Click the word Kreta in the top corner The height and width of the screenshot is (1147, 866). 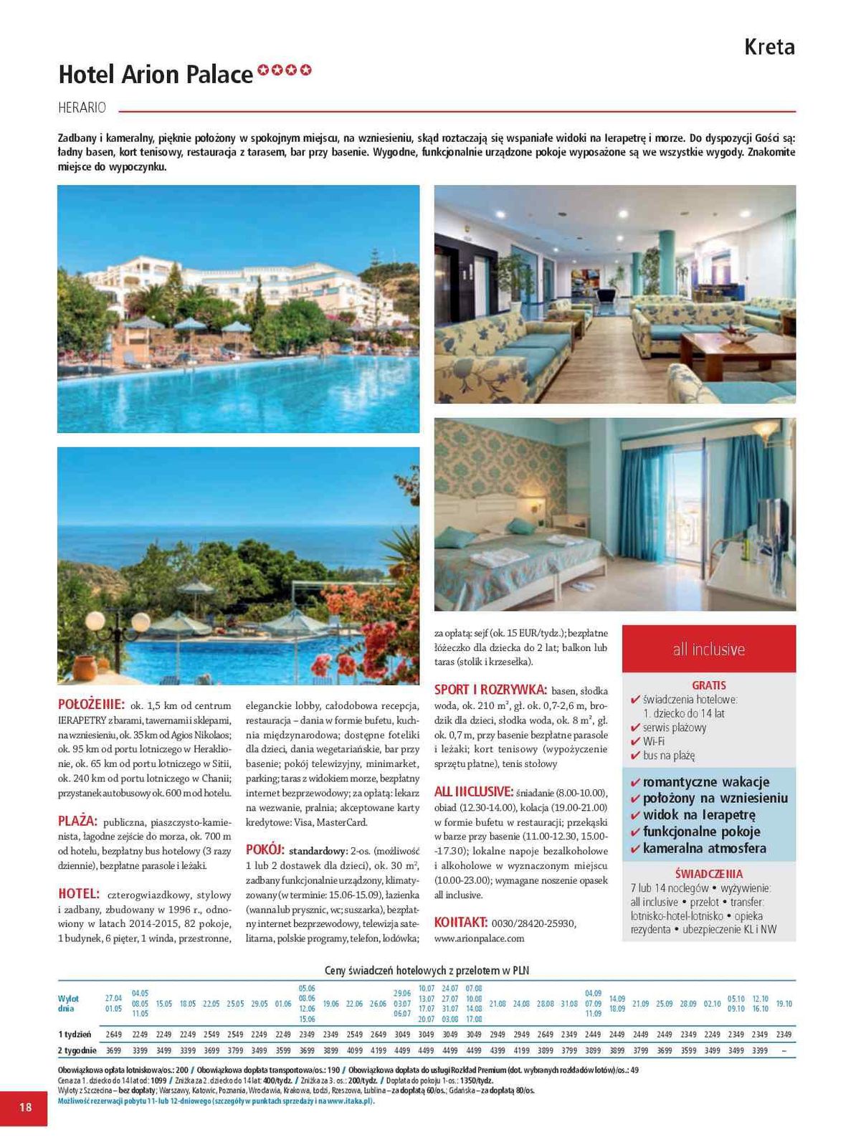point(769,47)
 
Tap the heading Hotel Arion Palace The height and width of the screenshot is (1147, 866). point(156,75)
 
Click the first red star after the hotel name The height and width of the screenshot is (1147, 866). point(263,70)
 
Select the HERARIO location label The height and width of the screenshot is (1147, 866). point(82,108)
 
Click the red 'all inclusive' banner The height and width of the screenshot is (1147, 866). point(708,649)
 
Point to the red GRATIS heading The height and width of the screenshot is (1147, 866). point(708,685)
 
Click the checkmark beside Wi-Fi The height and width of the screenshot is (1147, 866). point(634,742)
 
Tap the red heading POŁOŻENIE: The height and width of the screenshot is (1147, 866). point(91,704)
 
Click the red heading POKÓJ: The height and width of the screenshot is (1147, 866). point(265,850)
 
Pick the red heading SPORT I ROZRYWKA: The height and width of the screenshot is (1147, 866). point(490,690)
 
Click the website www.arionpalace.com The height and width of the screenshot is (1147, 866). point(479,938)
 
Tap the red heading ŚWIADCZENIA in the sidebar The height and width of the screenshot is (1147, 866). point(708,874)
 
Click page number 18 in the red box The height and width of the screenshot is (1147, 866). point(25,1107)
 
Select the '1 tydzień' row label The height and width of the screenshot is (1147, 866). point(75,1034)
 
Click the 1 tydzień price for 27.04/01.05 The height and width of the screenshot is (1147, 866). point(113,1034)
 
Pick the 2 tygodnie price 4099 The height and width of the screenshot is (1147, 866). point(354,1051)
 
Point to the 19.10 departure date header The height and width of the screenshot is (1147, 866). point(784,1004)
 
